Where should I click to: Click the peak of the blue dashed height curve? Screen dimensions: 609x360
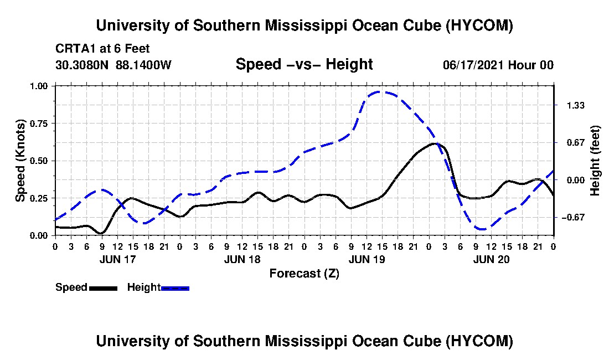(x=380, y=92)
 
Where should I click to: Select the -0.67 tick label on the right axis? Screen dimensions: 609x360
(x=573, y=218)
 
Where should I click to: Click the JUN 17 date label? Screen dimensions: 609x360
(x=118, y=259)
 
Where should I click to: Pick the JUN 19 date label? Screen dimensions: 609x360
(x=367, y=259)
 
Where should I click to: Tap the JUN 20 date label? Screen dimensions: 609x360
(x=491, y=259)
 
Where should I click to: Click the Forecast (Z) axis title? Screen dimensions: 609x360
(x=304, y=274)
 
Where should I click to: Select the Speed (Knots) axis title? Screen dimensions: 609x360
(x=20, y=161)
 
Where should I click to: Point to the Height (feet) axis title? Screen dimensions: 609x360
(x=595, y=161)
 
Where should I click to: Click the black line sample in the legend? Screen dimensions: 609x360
(x=103, y=289)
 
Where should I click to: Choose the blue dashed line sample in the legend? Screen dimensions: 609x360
(x=175, y=289)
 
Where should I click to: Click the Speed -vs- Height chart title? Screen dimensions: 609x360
(x=304, y=64)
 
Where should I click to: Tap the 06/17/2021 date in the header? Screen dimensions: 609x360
(x=474, y=65)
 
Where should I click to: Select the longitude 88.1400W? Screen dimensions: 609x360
(x=143, y=65)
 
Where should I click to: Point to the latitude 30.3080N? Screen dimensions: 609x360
(x=82, y=65)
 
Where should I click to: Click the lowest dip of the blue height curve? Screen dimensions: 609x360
(x=482, y=229)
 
